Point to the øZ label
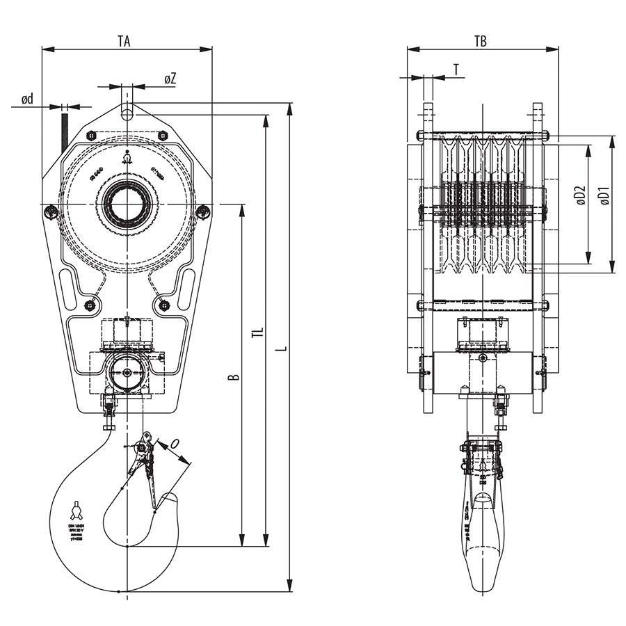pos(170,79)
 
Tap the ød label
pos(27,99)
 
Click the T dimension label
pos(456,69)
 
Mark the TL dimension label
pos(257,335)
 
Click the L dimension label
pos(281,345)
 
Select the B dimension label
pos(234,376)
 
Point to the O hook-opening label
pos(175,443)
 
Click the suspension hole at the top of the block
pos(127,111)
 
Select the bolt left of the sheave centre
pos(50,211)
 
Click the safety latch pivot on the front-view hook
pos(143,448)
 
